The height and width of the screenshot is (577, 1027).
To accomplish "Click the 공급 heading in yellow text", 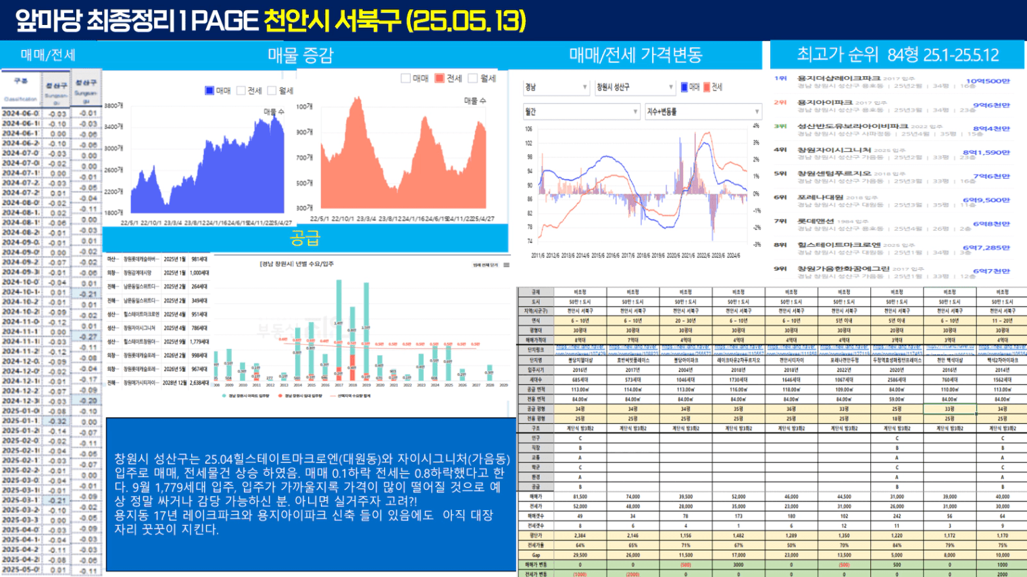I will tap(305, 238).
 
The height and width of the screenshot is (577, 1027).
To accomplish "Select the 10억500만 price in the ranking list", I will tap(987, 82).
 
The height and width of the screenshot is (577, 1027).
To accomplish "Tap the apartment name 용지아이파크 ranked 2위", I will tap(824, 103).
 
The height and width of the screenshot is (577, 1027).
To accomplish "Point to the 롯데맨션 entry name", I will tap(816, 221).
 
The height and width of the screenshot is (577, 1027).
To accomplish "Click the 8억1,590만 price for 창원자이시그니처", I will tap(986, 153).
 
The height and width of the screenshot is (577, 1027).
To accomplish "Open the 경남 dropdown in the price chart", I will tap(555, 87).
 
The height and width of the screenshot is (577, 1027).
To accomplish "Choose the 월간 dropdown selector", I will tap(580, 111).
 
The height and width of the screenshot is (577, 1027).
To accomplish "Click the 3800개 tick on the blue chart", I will tap(113, 106).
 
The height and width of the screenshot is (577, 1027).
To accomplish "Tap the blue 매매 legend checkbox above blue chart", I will tap(209, 90).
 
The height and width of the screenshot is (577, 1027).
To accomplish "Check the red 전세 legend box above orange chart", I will tap(439, 78).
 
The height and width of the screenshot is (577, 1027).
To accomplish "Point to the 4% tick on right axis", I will tap(756, 126).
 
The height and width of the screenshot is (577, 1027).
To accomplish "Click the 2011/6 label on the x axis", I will tap(538, 256).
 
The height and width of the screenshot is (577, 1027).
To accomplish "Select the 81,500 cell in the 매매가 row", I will tap(580, 496).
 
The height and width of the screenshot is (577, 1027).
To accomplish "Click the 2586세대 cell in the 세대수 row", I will tap(897, 380).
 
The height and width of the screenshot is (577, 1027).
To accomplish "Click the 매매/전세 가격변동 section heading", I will tap(635, 55).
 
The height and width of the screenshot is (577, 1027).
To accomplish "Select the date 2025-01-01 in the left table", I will tap(21, 421).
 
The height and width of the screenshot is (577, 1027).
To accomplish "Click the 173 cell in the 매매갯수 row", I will tap(738, 516).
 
